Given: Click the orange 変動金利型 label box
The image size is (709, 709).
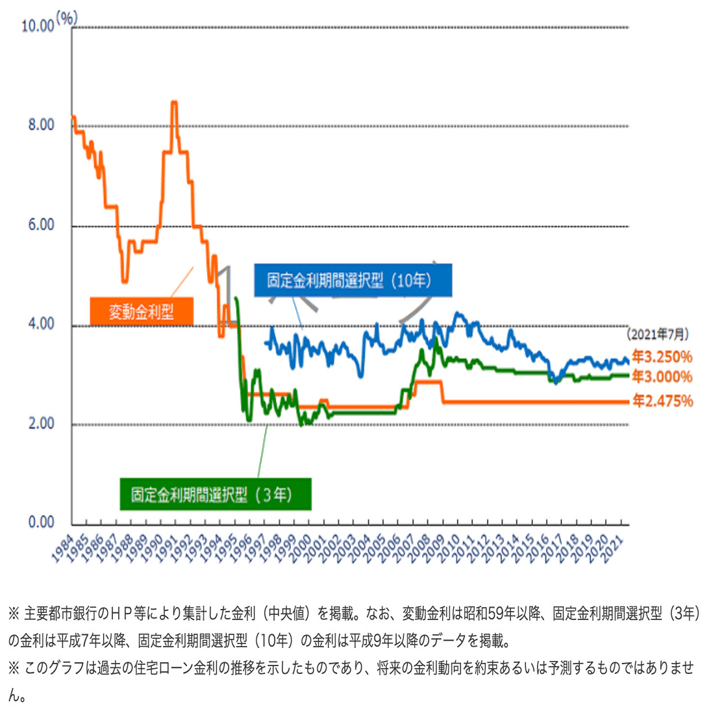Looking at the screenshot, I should tap(142, 312).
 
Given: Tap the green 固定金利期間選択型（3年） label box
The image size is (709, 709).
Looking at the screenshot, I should tap(216, 494).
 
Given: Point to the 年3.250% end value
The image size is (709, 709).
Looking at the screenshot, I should tap(663, 357).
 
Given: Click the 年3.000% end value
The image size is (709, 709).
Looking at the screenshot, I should tap(663, 377).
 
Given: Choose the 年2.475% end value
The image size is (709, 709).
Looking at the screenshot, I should tap(663, 401).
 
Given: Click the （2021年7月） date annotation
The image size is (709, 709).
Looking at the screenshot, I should tap(656, 335).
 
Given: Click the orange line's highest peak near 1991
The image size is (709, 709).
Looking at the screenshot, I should tap(174, 102).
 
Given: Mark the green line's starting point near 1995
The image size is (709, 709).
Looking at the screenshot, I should tap(235, 298).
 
